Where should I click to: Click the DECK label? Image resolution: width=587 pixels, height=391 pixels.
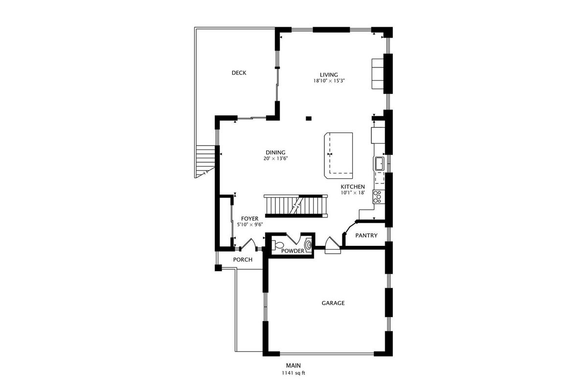(x=239, y=73)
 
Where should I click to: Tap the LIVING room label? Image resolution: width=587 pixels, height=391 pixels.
(x=329, y=75)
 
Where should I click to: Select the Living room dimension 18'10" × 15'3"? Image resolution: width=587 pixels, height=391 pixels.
(x=329, y=81)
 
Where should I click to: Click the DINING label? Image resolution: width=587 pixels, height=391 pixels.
(x=275, y=152)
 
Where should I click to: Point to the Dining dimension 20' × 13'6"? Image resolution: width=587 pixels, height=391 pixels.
(x=276, y=158)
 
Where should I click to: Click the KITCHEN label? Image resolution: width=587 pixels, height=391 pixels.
(x=353, y=187)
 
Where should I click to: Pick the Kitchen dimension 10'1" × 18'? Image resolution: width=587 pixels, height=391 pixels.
(x=353, y=193)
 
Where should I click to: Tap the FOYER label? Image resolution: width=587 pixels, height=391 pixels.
(x=250, y=218)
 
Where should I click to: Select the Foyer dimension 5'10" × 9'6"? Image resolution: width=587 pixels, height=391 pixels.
(x=250, y=224)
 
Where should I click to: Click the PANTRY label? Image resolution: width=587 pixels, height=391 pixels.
(x=366, y=236)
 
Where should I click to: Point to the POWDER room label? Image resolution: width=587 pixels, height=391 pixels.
(x=293, y=251)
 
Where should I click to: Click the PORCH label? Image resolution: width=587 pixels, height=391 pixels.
(x=243, y=260)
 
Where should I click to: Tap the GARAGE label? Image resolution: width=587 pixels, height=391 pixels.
(x=333, y=303)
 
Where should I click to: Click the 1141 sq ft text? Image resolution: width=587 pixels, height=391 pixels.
(x=293, y=373)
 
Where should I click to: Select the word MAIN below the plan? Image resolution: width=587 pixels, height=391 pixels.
(x=293, y=365)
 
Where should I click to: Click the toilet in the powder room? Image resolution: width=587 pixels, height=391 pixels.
(x=278, y=245)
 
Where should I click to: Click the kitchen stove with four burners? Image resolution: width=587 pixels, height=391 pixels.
(x=378, y=196)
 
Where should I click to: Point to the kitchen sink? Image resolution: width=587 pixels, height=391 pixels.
(x=379, y=163)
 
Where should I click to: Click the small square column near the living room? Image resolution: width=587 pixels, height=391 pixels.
(x=309, y=118)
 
